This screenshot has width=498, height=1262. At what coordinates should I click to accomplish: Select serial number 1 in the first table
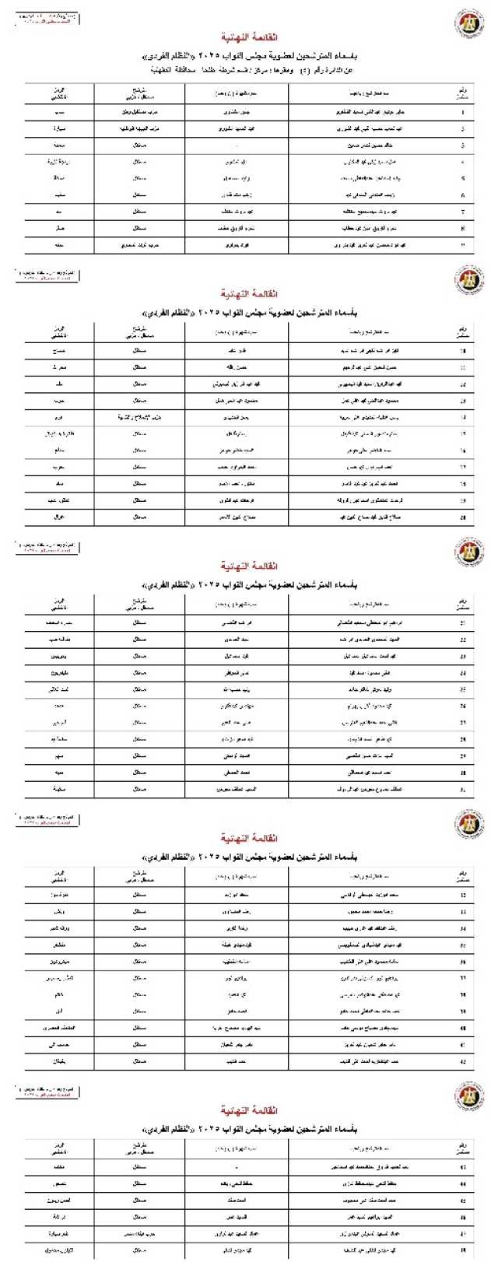(464, 112)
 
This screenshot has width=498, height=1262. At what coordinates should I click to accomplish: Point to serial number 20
(464, 517)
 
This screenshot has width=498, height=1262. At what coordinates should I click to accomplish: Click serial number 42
(464, 1061)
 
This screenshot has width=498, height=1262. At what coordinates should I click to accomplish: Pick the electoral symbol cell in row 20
(60, 517)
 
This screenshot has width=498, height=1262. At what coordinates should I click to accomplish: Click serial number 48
(464, 1250)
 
